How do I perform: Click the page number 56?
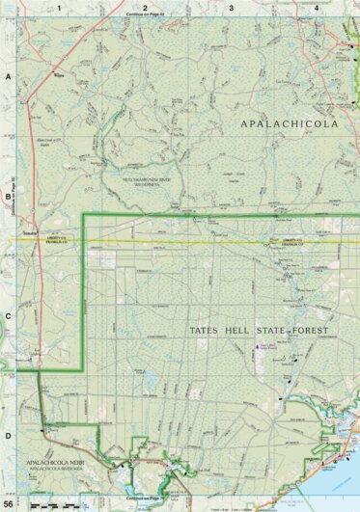tap(9, 504)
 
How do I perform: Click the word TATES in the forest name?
tap(206, 332)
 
